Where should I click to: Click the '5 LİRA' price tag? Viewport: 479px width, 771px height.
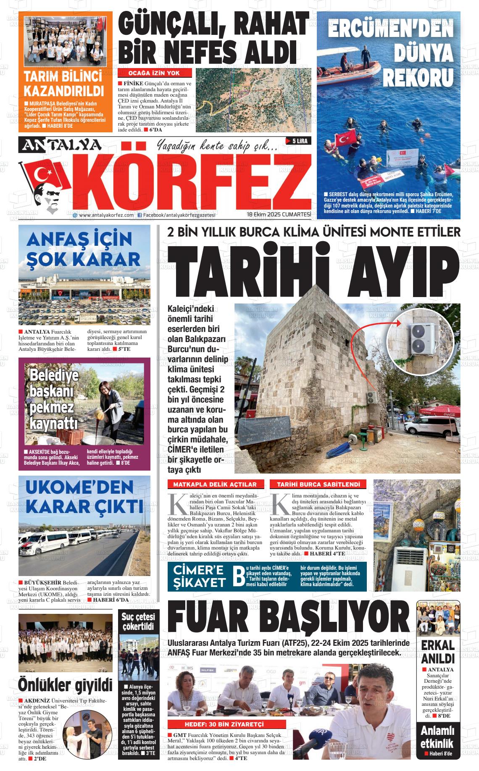point(298,141)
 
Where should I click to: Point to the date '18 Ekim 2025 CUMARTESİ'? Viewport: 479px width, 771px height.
point(279,215)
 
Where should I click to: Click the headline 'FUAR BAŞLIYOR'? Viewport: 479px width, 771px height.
point(288,619)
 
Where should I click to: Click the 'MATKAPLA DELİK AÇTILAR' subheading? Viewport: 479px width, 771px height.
point(215,484)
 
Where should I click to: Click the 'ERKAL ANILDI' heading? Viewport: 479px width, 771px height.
point(438,651)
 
